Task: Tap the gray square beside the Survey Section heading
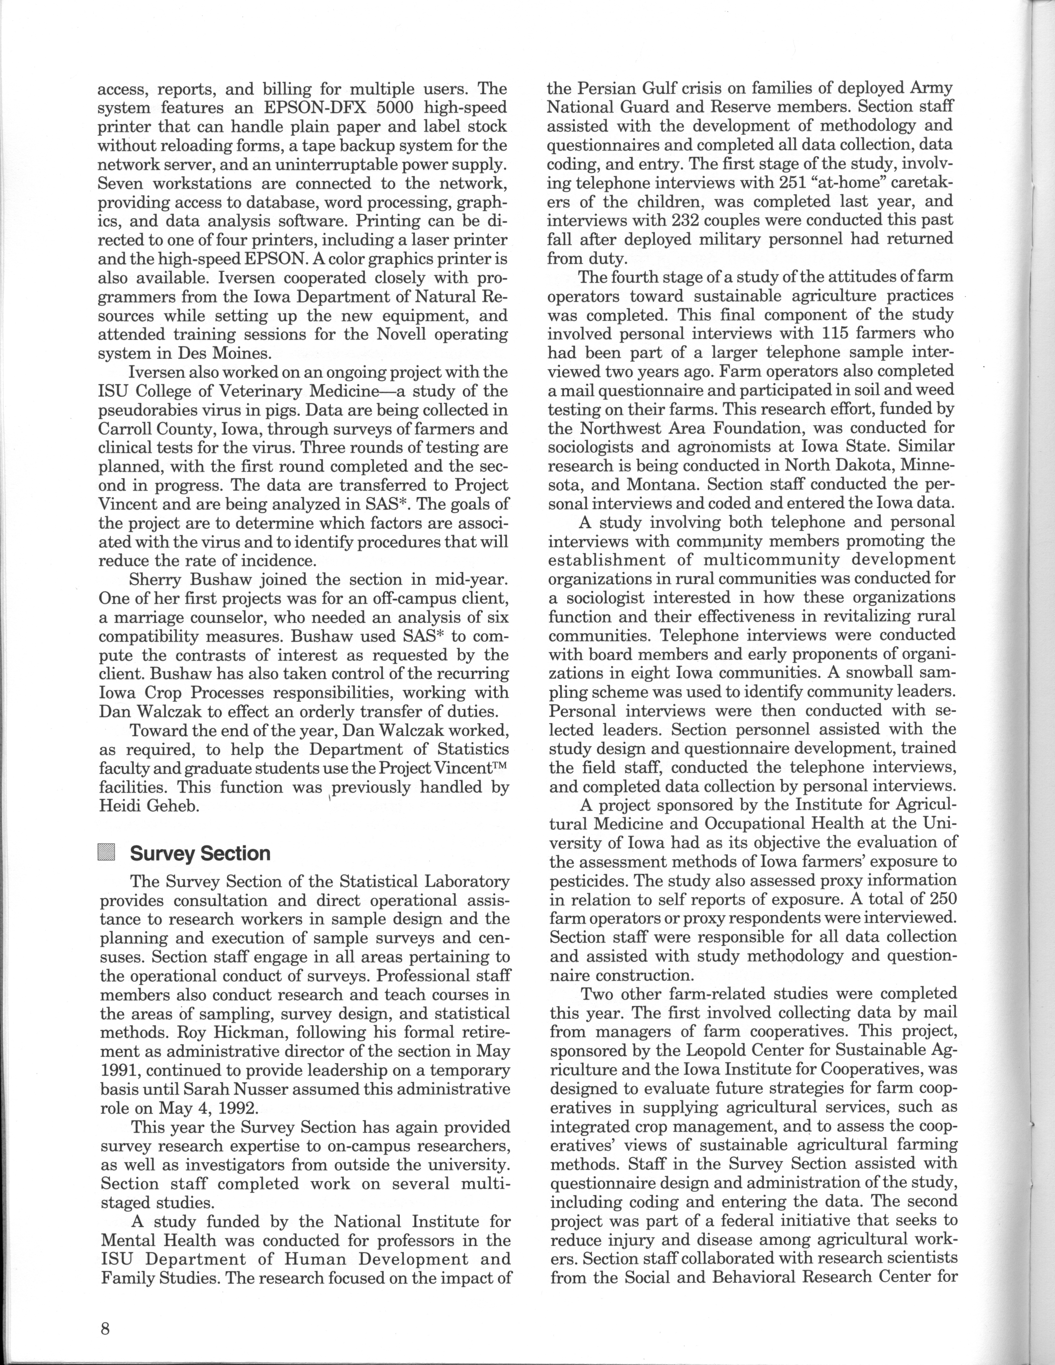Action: [108, 853]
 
